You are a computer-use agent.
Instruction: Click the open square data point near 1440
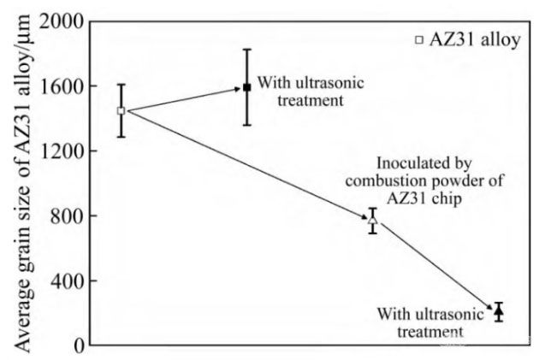pos(121,111)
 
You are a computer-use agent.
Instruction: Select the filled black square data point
pos(246,87)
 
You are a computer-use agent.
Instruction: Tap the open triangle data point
pos(372,220)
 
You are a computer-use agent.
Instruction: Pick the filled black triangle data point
pos(499,311)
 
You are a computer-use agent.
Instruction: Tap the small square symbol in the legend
pos(419,39)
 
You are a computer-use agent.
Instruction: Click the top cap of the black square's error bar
pos(246,50)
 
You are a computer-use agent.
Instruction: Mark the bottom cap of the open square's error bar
pos(121,137)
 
